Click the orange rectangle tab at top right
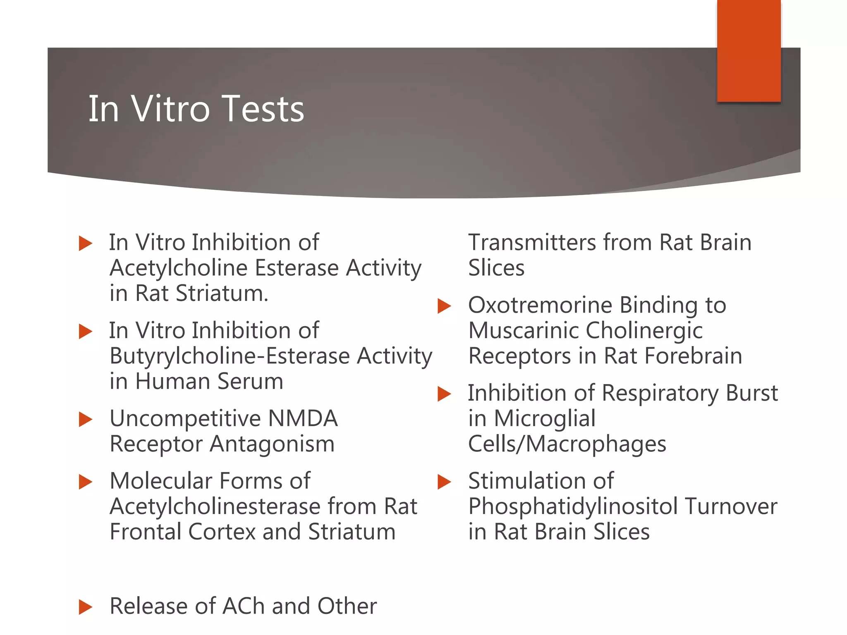point(749,50)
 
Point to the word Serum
point(250,381)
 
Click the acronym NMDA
point(303,418)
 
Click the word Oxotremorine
point(540,305)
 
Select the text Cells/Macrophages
point(567,444)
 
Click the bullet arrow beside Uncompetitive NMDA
point(85,419)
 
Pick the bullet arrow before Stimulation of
point(444,482)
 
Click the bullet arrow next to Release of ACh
point(85,607)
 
